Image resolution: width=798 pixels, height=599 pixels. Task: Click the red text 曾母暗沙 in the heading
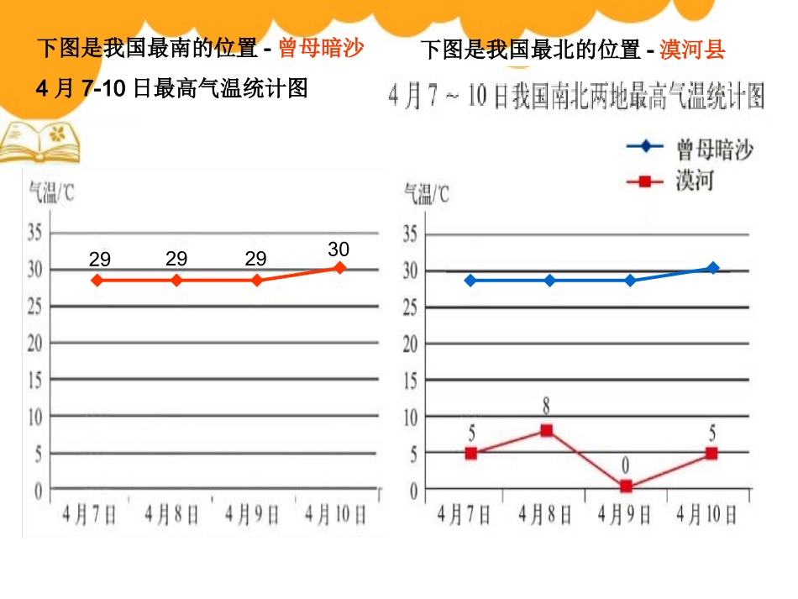(x=321, y=49)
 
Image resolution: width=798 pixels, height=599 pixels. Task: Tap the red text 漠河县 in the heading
(x=692, y=50)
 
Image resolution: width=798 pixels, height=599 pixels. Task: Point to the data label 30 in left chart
(x=339, y=250)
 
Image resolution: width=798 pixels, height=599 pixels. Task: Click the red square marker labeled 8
(x=546, y=430)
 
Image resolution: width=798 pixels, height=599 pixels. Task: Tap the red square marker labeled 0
(x=626, y=486)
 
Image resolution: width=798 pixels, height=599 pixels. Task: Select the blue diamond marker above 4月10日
(x=712, y=269)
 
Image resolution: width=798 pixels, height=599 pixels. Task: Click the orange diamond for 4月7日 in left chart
(x=97, y=280)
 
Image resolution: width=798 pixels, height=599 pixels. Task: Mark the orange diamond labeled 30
(x=339, y=268)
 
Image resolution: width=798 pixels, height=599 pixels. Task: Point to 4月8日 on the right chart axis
(x=545, y=513)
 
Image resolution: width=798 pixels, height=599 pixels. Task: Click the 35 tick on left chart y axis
(x=35, y=233)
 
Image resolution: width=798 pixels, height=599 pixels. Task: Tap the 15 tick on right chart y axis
(x=411, y=380)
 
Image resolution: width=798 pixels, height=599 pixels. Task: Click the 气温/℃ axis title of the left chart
(x=52, y=194)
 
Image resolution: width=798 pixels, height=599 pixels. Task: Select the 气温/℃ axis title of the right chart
(x=427, y=194)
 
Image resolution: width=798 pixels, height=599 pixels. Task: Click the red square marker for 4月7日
(x=471, y=453)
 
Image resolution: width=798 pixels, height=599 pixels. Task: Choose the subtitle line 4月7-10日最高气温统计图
(x=172, y=88)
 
